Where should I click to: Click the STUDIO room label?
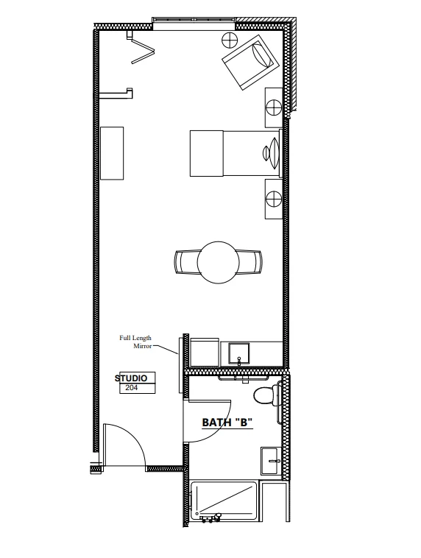(x=131, y=378)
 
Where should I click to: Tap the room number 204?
(x=131, y=388)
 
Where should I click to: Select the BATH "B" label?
(x=227, y=423)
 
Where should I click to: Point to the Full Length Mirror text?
(x=135, y=342)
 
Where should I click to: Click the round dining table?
(x=218, y=263)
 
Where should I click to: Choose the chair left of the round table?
(x=186, y=263)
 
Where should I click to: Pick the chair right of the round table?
(x=249, y=263)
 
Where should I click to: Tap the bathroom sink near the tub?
(x=271, y=461)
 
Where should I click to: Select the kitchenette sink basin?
(x=239, y=353)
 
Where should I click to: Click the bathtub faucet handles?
(x=210, y=518)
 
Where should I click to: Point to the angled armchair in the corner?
(x=250, y=63)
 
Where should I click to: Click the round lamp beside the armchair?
(x=230, y=40)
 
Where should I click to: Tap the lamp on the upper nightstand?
(x=274, y=107)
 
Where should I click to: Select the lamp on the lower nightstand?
(x=274, y=199)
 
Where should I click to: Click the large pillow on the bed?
(x=274, y=153)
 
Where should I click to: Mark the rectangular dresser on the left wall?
(x=112, y=153)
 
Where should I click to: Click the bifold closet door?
(x=142, y=50)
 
